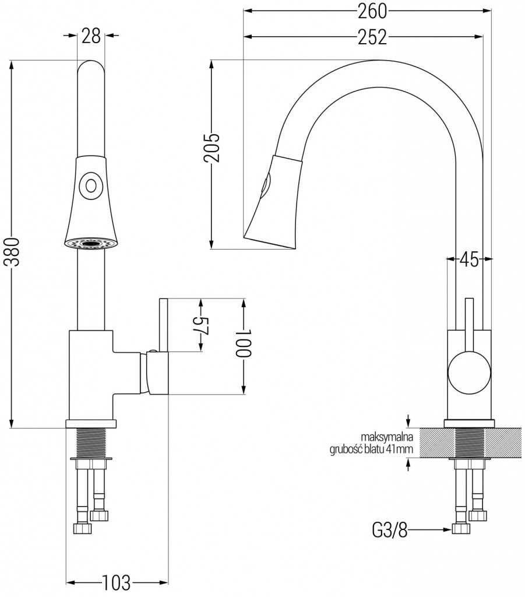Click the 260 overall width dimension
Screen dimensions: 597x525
[370, 11]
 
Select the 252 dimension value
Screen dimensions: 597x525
[370, 37]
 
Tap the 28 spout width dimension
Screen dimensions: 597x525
[90, 36]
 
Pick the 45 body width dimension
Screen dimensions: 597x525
[469, 259]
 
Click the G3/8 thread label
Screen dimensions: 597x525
[390, 530]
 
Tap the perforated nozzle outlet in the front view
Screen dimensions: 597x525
[90, 243]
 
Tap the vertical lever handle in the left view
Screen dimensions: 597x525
[163, 326]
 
